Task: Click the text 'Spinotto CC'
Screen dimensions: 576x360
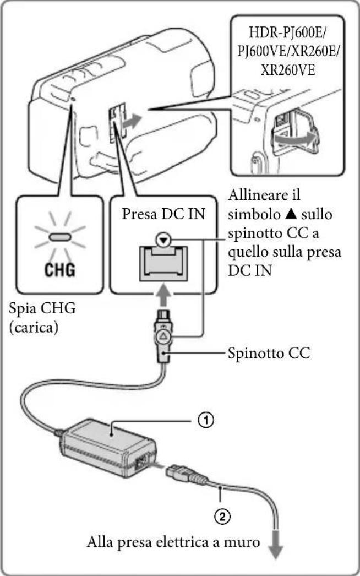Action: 269,352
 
